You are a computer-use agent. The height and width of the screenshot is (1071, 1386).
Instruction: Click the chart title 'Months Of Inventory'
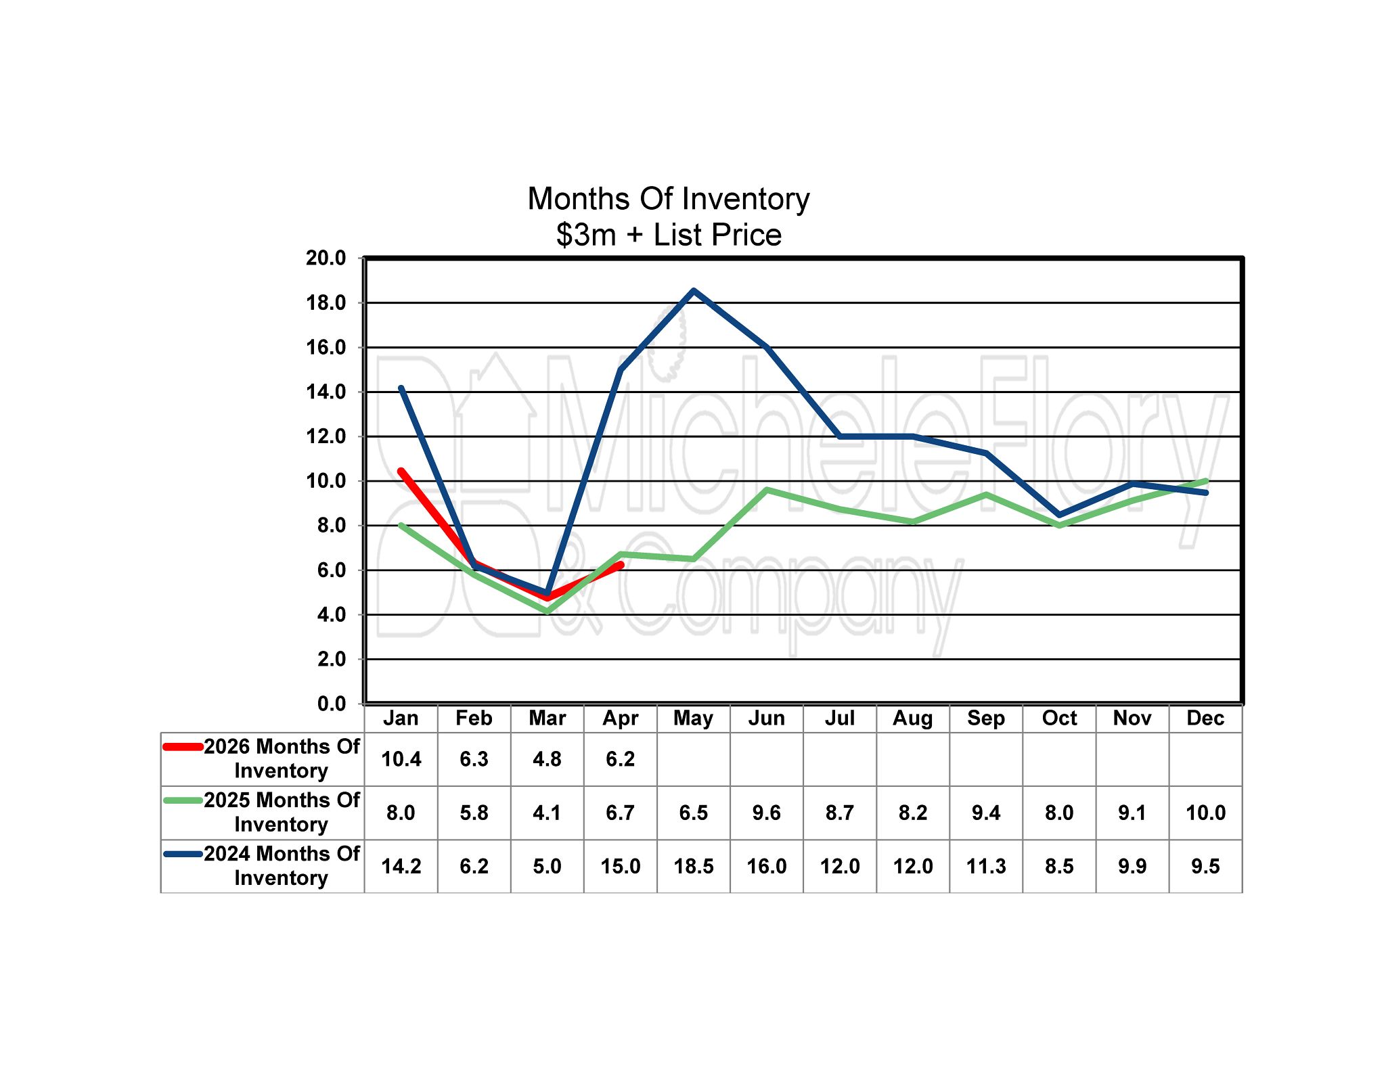(668, 199)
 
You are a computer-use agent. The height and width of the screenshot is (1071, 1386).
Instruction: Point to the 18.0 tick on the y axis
(326, 303)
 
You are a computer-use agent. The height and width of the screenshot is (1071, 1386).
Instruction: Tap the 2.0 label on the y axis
(331, 659)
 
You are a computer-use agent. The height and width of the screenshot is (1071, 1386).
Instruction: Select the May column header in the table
(693, 718)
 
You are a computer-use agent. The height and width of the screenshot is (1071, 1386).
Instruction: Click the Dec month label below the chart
(1205, 718)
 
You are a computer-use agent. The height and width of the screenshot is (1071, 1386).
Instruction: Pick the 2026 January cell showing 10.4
(401, 759)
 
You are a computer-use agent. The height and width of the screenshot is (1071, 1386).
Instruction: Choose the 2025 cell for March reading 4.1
(547, 813)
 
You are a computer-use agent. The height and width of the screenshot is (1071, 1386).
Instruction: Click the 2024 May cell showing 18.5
(693, 866)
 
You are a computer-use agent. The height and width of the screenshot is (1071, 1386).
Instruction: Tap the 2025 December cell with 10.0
(1205, 813)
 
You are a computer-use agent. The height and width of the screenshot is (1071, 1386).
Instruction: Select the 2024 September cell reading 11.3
(986, 866)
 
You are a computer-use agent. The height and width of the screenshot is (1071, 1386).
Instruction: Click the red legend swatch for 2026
(183, 747)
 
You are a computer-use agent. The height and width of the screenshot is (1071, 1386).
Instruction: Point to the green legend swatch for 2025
(183, 800)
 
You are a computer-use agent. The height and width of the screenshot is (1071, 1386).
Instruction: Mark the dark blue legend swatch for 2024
(183, 854)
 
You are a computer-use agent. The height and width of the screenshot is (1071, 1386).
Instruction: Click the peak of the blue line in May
(694, 291)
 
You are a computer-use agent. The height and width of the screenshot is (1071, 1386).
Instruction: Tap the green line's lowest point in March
(547, 612)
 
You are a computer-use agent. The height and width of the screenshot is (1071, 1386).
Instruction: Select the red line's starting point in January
(401, 472)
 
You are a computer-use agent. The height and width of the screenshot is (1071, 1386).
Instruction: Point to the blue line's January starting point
(401, 388)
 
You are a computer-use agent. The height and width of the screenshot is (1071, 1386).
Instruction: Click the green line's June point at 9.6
(767, 489)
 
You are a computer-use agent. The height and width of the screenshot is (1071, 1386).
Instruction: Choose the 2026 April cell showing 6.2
(620, 759)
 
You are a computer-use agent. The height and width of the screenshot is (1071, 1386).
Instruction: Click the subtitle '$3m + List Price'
(668, 235)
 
